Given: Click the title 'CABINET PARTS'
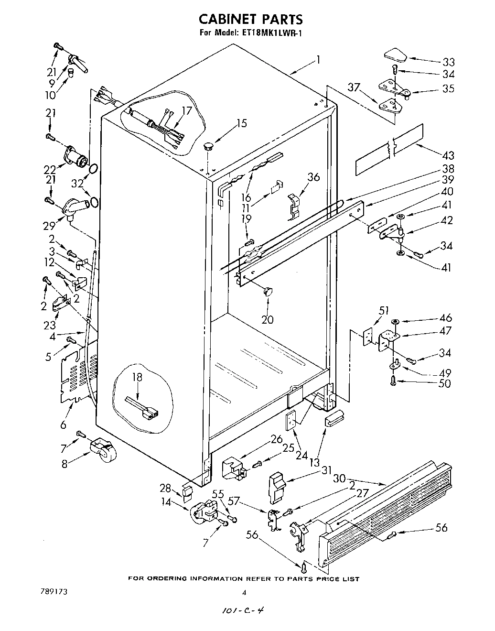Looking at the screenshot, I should (x=250, y=19).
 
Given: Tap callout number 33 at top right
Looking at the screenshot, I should (x=448, y=62).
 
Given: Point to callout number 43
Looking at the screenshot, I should (x=448, y=155).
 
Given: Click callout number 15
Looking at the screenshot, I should (x=242, y=123).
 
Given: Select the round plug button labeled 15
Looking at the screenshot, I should (x=209, y=145).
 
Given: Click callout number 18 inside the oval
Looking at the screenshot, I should (x=138, y=377).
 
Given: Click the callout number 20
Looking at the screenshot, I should (x=267, y=319).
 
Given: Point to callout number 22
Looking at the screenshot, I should (x=50, y=169).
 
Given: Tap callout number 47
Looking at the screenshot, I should (x=445, y=330).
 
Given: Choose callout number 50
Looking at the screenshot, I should (x=444, y=383).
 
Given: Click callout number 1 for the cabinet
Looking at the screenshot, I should (x=318, y=60).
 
